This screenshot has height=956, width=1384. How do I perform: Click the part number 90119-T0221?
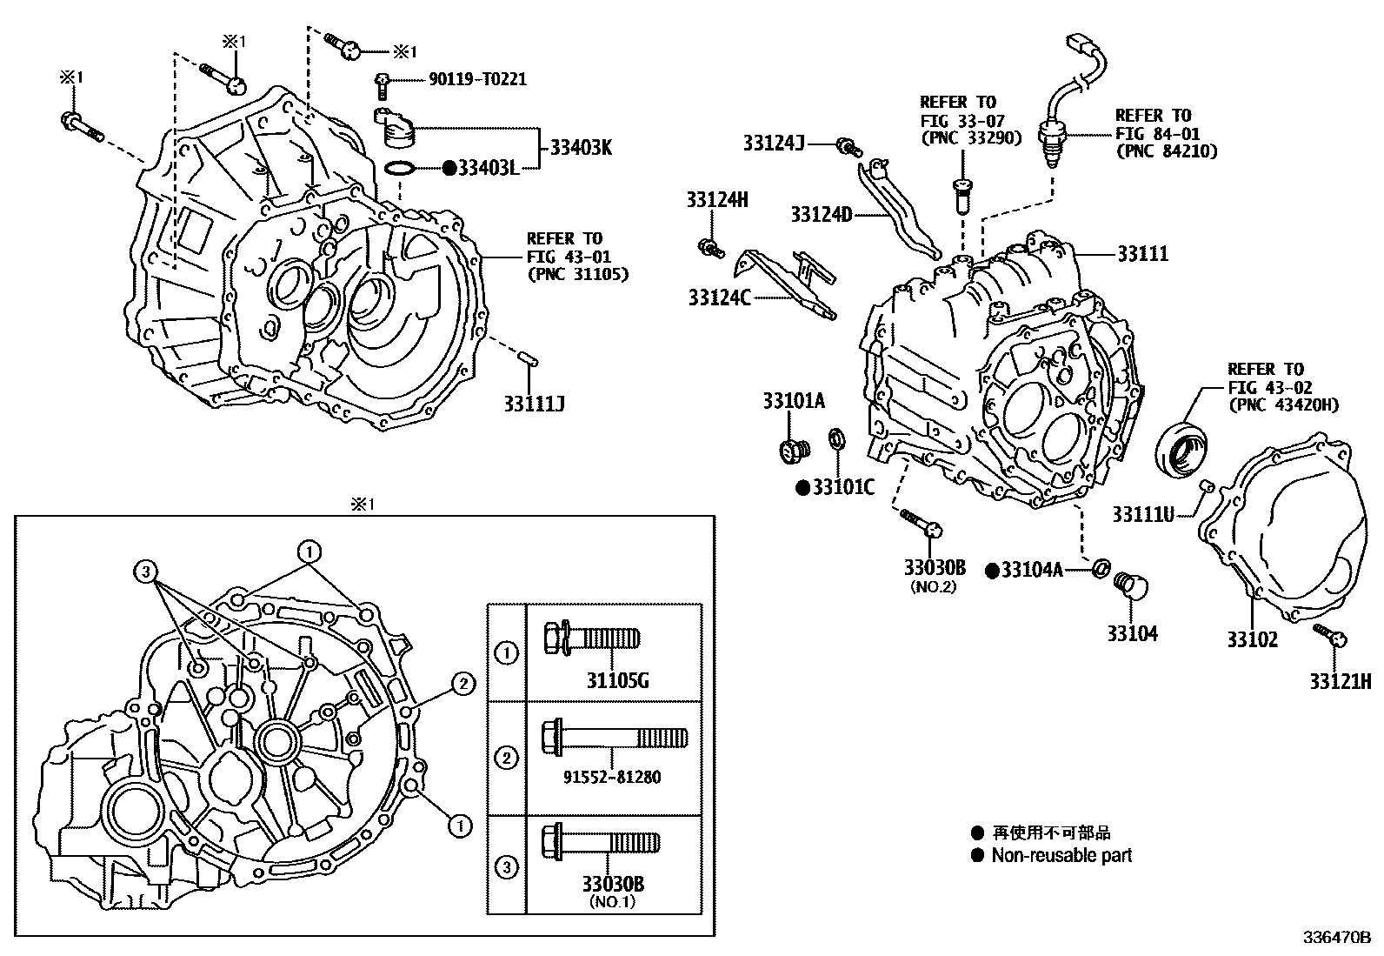[x=477, y=79]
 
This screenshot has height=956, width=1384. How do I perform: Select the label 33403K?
[x=580, y=148]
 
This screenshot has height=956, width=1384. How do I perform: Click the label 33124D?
[x=822, y=213]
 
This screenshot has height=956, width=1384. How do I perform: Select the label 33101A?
[x=794, y=401]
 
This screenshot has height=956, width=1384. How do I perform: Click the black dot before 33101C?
[x=803, y=487]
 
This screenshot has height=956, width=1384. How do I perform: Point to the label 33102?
[x=1253, y=639]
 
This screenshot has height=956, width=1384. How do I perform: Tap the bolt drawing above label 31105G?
[x=591, y=639]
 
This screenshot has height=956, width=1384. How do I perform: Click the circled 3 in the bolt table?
[x=507, y=866]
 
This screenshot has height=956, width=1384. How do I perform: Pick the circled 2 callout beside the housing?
[x=463, y=685]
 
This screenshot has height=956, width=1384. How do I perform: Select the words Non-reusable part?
[x=1061, y=855]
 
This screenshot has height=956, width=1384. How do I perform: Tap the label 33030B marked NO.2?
[x=934, y=568]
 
